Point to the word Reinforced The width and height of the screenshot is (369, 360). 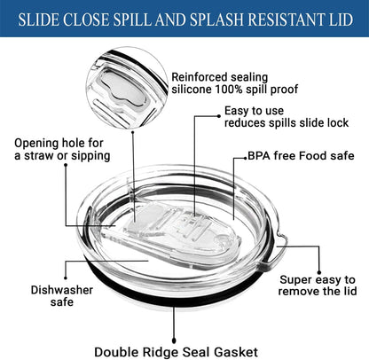[199, 77]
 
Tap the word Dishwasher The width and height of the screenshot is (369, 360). [62, 290]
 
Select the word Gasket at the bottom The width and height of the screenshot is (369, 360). [236, 352]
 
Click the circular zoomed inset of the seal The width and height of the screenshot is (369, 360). [127, 88]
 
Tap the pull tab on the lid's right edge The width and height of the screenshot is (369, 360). [275, 250]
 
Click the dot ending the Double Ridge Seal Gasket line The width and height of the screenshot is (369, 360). [174, 341]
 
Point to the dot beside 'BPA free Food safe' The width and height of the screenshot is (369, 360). [245, 158]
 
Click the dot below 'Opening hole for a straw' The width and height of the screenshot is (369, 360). [66, 165]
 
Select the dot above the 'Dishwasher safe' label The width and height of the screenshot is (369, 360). [66, 278]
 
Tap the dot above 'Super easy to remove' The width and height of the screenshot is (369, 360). [319, 272]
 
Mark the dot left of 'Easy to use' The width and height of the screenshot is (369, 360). [219, 116]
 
